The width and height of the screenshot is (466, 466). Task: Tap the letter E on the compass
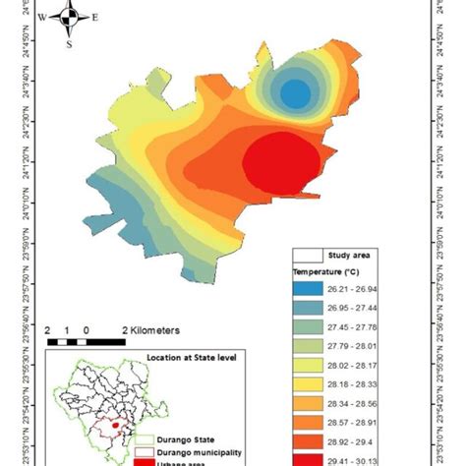click(94, 18)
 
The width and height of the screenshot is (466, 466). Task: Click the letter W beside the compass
click(42, 18)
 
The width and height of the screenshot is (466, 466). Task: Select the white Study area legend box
click(312, 254)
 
